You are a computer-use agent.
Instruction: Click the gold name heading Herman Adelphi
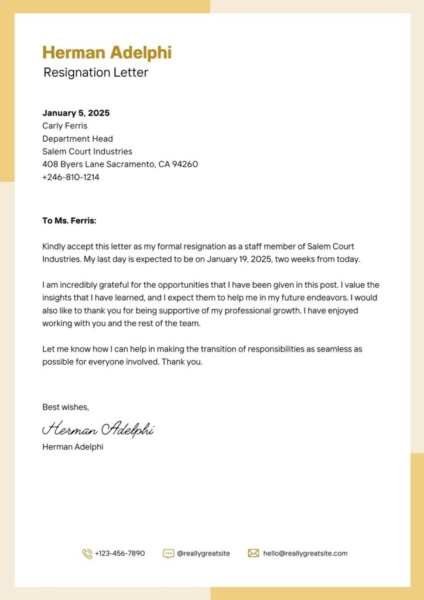click(x=107, y=52)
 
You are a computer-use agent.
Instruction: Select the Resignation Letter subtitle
click(x=95, y=73)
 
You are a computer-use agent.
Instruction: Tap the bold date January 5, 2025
click(x=76, y=113)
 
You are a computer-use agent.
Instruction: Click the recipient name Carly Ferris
click(x=64, y=126)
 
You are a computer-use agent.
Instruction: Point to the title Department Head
click(x=77, y=139)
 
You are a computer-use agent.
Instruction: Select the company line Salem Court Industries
click(x=87, y=152)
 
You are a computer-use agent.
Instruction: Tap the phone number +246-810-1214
click(x=70, y=178)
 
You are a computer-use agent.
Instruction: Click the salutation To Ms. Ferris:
click(x=69, y=221)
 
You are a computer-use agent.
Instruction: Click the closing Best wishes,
click(x=66, y=407)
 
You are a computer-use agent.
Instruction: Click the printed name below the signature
click(x=73, y=446)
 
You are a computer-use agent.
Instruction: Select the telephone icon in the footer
click(x=87, y=553)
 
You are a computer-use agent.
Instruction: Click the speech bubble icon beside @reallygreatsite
click(x=168, y=553)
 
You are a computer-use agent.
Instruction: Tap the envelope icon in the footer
click(x=254, y=553)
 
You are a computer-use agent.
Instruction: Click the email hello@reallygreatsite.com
click(x=305, y=553)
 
